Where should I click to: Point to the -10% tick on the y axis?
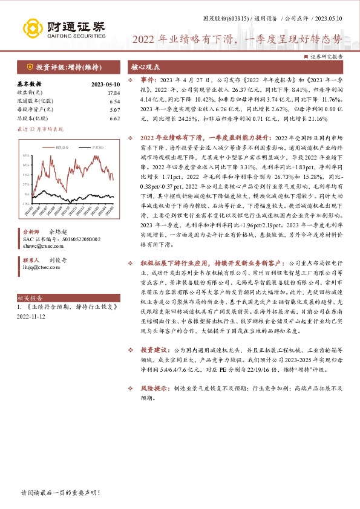27,204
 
